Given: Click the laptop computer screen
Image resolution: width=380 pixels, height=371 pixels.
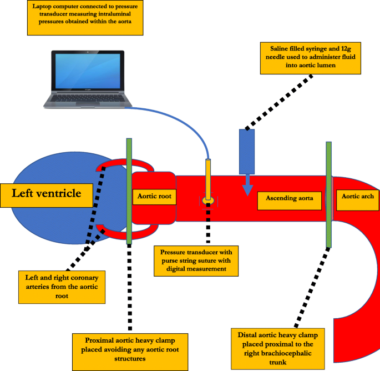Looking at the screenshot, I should pyautogui.click(x=88, y=71).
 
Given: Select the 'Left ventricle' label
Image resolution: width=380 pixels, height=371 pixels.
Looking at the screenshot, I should pyautogui.click(x=48, y=194).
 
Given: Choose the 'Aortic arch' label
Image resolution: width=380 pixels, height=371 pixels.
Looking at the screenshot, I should pyautogui.click(x=356, y=197).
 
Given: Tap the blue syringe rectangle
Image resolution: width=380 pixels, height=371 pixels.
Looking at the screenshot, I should pyautogui.click(x=246, y=151).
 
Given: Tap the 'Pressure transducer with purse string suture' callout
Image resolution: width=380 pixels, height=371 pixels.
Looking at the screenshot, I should pyautogui.click(x=197, y=260).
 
